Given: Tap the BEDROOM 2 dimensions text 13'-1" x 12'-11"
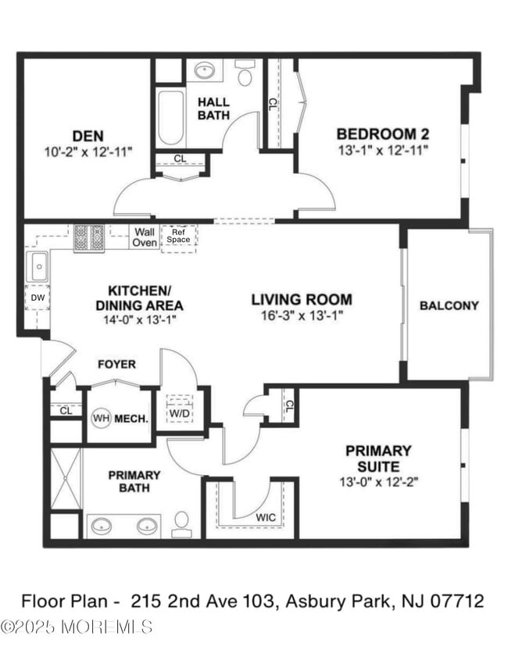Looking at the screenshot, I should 383,149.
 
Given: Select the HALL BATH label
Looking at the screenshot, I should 213,109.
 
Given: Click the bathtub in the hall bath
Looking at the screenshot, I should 170,119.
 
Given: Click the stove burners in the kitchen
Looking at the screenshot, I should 89,237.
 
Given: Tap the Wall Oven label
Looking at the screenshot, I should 144,237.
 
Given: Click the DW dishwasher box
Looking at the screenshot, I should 37,298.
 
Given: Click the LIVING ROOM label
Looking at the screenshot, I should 301,299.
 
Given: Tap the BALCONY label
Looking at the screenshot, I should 449,305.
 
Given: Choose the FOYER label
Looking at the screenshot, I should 116,364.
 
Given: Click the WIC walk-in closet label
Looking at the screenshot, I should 266,516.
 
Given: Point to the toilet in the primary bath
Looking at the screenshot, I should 181,523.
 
